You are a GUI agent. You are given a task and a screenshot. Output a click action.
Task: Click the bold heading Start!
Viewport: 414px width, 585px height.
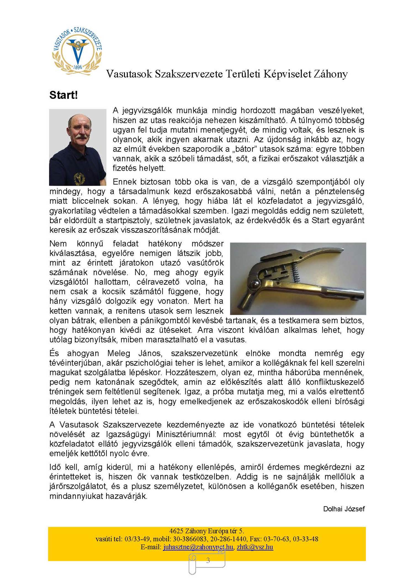pyautogui.click(x=63, y=95)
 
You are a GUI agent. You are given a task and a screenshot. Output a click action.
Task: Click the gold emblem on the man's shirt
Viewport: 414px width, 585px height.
pyautogui.click(x=79, y=179)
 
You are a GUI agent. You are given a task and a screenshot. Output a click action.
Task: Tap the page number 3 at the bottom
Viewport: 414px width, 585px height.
pyautogui.click(x=208, y=560)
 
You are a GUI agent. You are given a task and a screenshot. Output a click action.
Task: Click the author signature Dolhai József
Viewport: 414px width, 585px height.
pyautogui.click(x=344, y=509)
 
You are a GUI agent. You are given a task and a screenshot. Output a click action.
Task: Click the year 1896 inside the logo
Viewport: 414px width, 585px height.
pyautogui.click(x=78, y=67)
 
